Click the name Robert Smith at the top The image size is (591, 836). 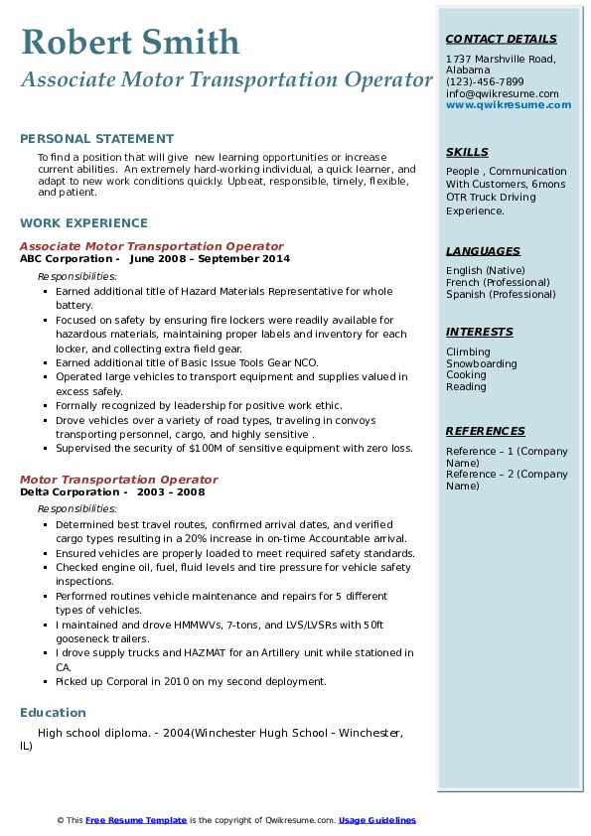coord(130,42)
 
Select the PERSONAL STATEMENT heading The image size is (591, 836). coord(96,139)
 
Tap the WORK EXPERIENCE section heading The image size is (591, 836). coord(83,223)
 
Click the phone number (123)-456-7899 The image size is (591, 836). coord(485,81)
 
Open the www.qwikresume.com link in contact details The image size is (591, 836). coord(502,104)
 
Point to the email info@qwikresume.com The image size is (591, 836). coord(502,93)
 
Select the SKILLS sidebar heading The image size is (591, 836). coord(467,152)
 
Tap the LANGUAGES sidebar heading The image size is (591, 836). coord(483,251)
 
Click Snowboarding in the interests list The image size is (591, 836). coord(481,363)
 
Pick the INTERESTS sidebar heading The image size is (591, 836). coord(479,332)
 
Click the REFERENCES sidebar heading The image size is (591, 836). coord(486,431)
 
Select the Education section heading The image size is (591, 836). coord(53,713)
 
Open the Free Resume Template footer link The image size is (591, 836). coord(136,820)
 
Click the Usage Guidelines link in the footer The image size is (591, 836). coord(376,820)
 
